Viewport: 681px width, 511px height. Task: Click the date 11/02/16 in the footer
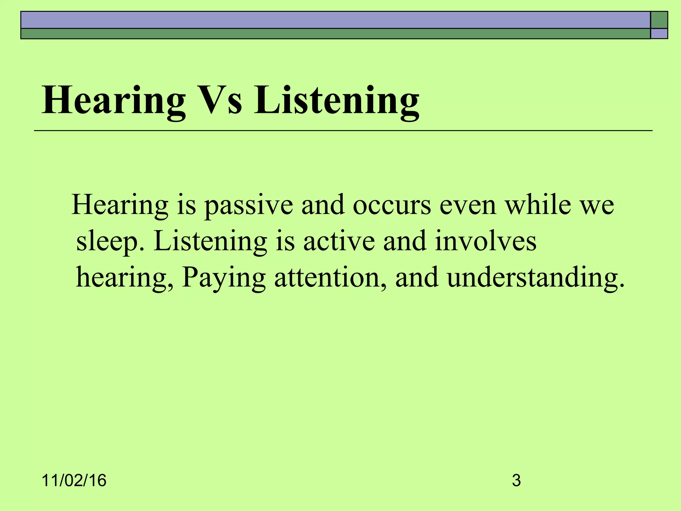click(x=74, y=481)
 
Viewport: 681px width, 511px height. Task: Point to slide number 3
click(x=516, y=481)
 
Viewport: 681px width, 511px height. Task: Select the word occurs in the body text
click(x=392, y=205)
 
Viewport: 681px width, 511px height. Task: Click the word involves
click(x=485, y=241)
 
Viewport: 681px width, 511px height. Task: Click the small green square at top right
click(x=659, y=20)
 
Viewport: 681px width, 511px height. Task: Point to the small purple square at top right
click(x=659, y=34)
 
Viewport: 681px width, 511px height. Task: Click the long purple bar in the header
click(x=335, y=20)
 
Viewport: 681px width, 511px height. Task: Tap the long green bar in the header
click(x=335, y=34)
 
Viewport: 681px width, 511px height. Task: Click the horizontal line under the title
click(x=343, y=131)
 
